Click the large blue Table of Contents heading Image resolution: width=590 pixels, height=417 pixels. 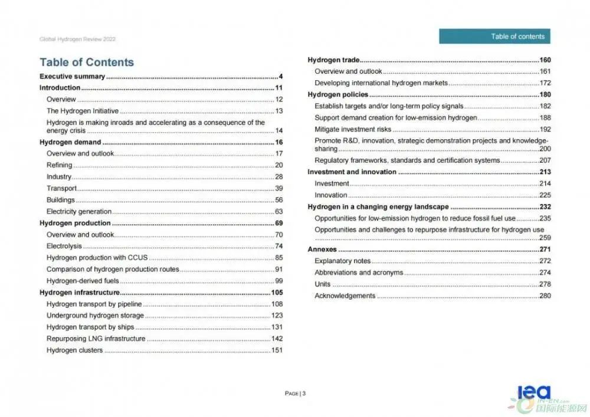tap(87, 62)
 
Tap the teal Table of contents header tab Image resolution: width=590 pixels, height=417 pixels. tap(494, 37)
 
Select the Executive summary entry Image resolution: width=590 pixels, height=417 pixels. tap(72, 76)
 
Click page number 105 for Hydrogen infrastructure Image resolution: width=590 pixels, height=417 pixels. tap(277, 293)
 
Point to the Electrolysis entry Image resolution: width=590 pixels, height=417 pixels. tap(64, 246)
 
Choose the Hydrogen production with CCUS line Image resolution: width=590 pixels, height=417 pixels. tap(97, 258)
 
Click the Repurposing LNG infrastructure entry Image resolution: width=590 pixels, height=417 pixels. tap(96, 339)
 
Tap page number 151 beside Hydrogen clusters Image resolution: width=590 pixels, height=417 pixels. tap(277, 350)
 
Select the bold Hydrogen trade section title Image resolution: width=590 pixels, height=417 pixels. tap(333, 60)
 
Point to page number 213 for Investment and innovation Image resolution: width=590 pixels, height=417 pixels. tap(545, 172)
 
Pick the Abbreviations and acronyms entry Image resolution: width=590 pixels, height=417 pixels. tap(359, 272)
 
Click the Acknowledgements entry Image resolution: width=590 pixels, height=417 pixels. tap(345, 295)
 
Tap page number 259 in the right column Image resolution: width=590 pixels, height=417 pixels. tap(545, 238)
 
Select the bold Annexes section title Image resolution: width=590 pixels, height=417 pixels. tap(322, 249)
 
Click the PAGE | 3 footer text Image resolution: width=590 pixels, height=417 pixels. tap(295, 393)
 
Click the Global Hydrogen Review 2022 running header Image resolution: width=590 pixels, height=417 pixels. tap(77, 40)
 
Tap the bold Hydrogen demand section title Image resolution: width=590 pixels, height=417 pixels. tap(70, 142)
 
